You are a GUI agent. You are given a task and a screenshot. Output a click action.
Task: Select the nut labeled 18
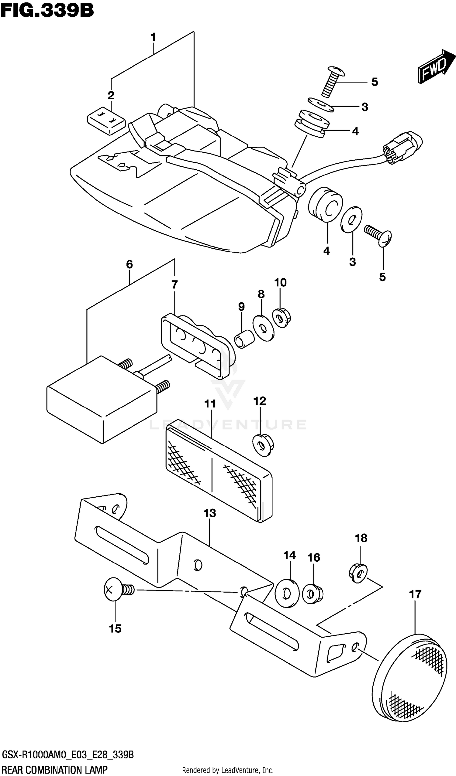coord(358,573)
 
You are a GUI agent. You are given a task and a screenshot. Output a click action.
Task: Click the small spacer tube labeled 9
coord(244,339)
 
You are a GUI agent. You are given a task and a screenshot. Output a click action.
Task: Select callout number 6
coord(129,264)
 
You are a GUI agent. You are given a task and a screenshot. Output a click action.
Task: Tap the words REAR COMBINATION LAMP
coord(55,770)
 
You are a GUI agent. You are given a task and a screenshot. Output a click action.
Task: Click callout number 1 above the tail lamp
coord(153,38)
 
